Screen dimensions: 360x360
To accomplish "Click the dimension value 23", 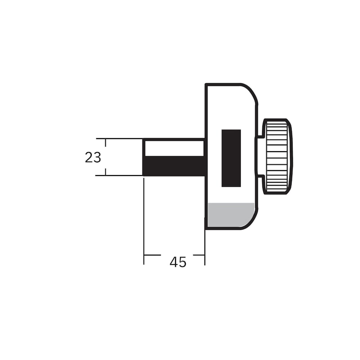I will (93, 157).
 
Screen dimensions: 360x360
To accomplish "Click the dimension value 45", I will (178, 262).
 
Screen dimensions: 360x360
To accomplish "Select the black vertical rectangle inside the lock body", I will (231, 158).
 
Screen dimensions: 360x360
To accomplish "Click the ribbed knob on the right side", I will (277, 157).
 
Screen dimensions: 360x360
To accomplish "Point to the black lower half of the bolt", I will (175, 166).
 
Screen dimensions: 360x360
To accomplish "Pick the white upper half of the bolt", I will (174, 148).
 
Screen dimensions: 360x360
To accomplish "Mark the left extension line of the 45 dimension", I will (144, 220).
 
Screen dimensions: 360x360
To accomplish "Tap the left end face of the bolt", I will (144, 157).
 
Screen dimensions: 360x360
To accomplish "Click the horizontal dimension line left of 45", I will (153, 255).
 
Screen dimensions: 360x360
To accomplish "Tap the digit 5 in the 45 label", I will (182, 262).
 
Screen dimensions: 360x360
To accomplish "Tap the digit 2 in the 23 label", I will (89, 157).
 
